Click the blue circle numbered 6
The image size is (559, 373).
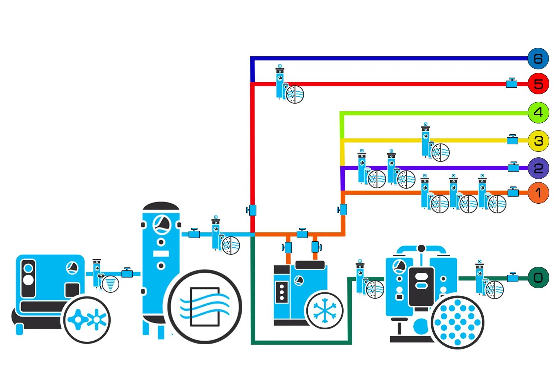(x=538, y=59)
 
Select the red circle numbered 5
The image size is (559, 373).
(x=538, y=84)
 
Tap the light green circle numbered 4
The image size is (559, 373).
(x=538, y=112)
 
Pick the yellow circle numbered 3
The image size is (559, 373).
(x=538, y=141)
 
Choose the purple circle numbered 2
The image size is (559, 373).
(x=538, y=168)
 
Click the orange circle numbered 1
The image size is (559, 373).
(x=538, y=193)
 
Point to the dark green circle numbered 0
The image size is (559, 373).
(x=538, y=278)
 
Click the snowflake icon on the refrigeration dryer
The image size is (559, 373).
(x=325, y=310)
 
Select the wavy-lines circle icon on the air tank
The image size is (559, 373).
(x=204, y=307)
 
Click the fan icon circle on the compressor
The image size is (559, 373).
(x=87, y=320)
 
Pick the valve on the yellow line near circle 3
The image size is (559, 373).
(x=512, y=140)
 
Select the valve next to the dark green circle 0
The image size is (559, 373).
(x=513, y=278)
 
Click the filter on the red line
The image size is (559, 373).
(x=280, y=83)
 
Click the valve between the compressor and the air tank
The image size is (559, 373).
(x=127, y=273)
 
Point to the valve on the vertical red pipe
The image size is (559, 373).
(x=252, y=210)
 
